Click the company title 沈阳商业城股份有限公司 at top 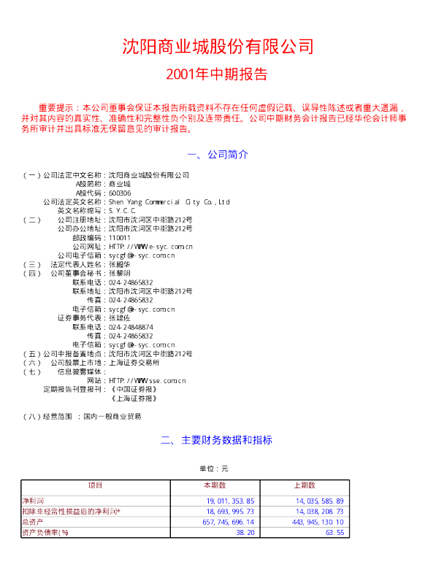(218, 47)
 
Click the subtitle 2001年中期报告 (217, 74)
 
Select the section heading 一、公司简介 (218, 155)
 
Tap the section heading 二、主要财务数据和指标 (217, 440)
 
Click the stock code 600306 (120, 193)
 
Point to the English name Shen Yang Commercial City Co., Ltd (169, 201)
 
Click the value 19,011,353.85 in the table (230, 501)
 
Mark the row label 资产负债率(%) (45, 533)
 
